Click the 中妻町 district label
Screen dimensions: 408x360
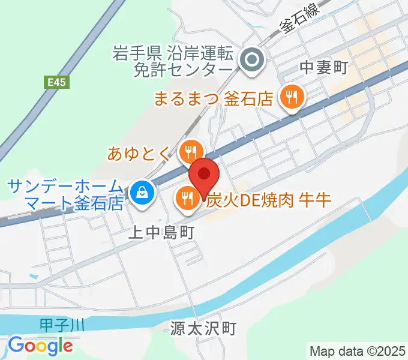click(x=323, y=68)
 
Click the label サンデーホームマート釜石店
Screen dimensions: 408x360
click(x=67, y=194)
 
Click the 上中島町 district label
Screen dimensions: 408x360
click(x=162, y=232)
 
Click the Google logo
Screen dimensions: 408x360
click(x=40, y=346)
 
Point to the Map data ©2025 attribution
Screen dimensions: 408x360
click(x=358, y=350)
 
